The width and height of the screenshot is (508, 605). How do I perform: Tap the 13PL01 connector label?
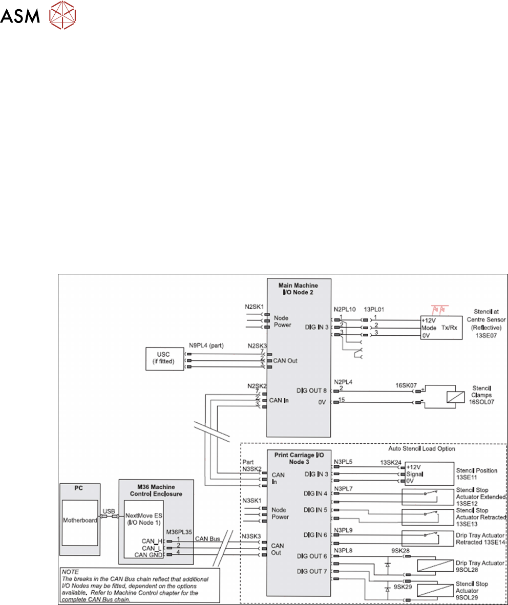(374, 310)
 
